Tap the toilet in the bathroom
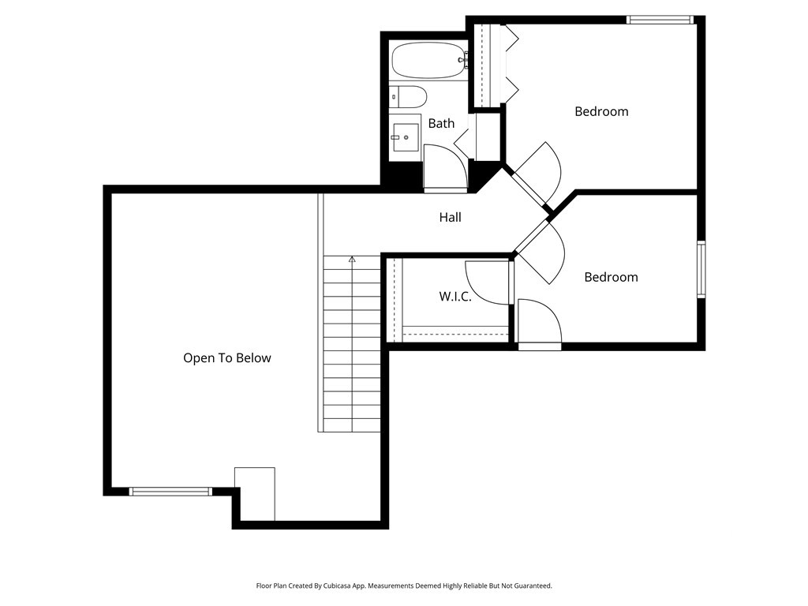click(x=408, y=97)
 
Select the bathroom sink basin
click(x=406, y=137)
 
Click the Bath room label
click(x=442, y=124)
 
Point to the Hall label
click(x=450, y=218)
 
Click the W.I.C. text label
click(x=455, y=297)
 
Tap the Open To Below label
click(x=227, y=358)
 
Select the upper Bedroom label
click(x=601, y=112)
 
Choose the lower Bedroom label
click(x=612, y=277)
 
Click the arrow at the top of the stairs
click(x=352, y=259)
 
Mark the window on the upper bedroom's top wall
click(x=660, y=20)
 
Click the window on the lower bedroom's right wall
click(x=701, y=269)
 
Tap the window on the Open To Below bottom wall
click(x=170, y=492)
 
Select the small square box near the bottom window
click(x=255, y=494)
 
